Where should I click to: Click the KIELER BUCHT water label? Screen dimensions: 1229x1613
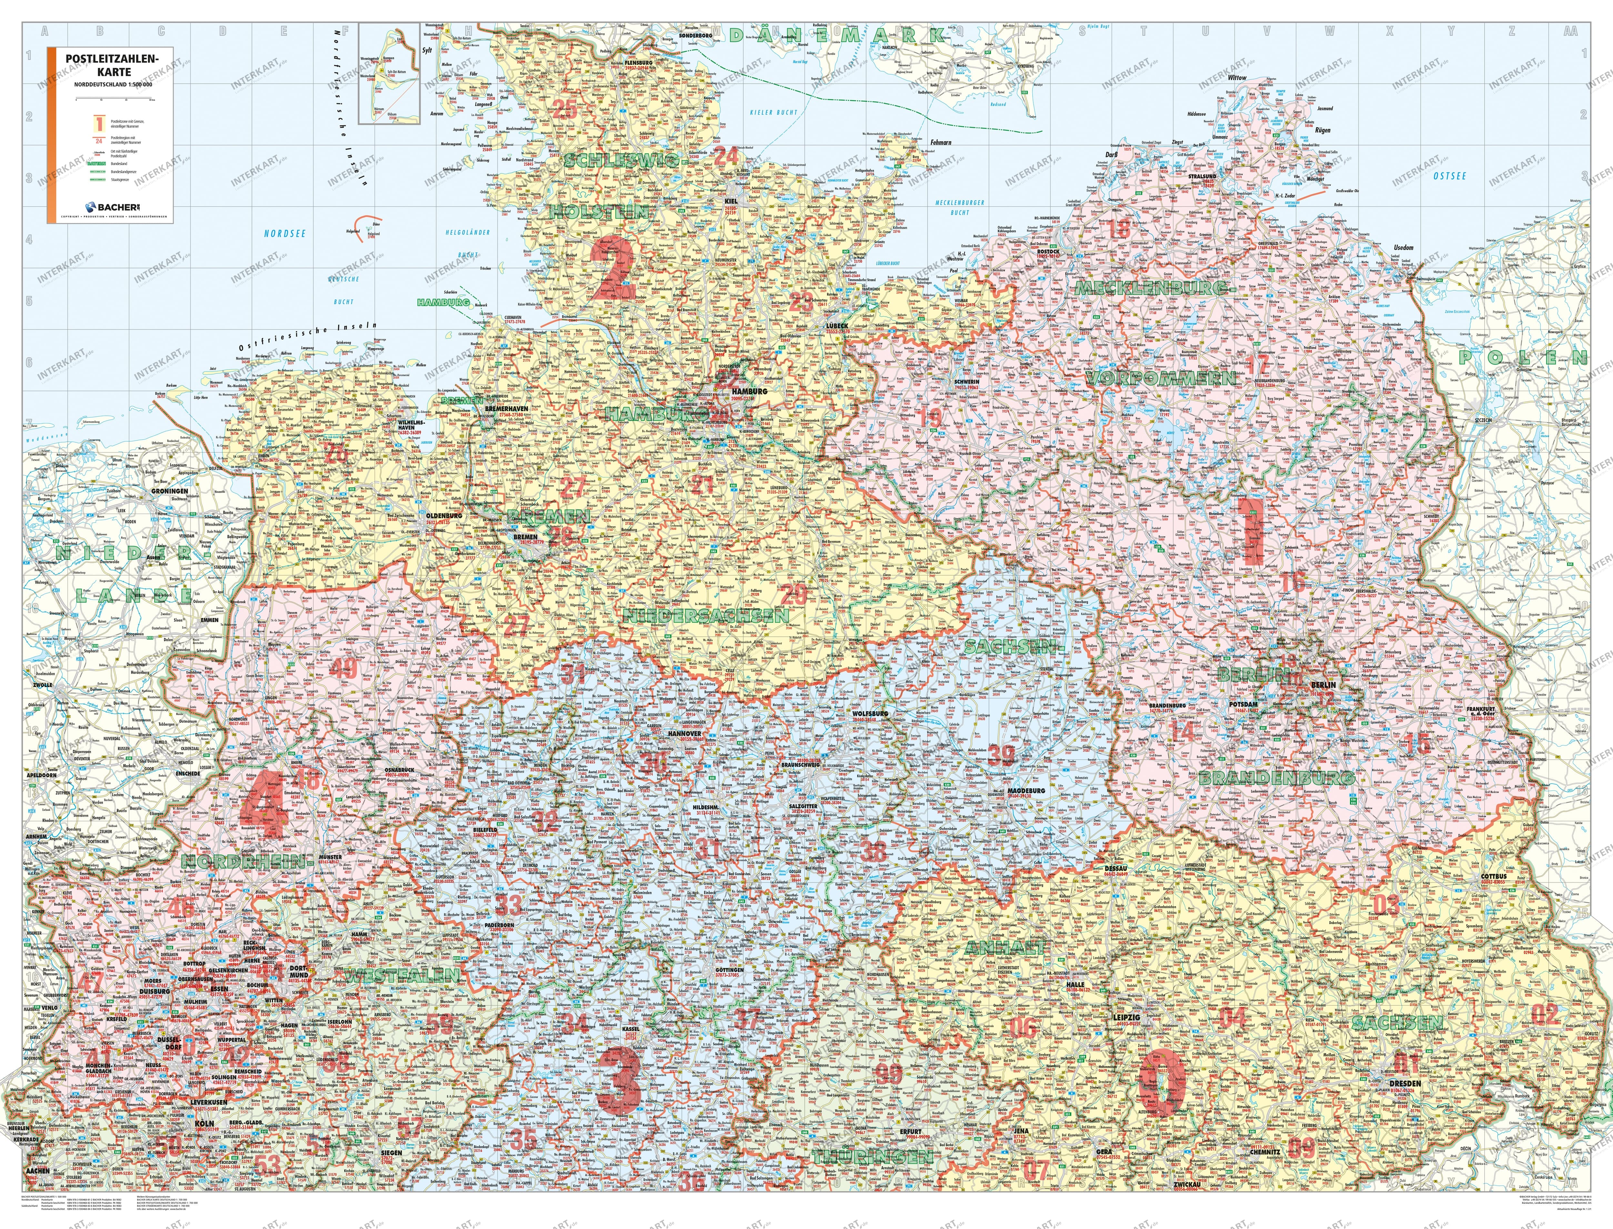point(774,113)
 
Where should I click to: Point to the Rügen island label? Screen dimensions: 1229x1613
point(1323,130)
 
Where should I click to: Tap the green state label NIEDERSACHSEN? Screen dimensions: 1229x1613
point(706,616)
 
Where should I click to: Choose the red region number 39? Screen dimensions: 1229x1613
point(1001,754)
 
